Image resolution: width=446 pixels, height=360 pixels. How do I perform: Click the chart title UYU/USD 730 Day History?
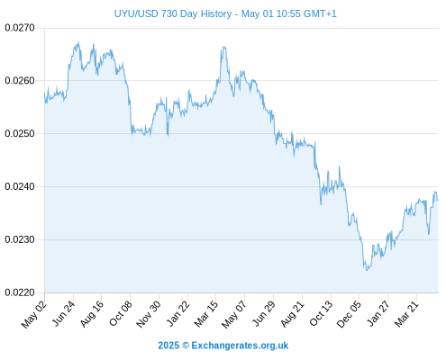coord(173,13)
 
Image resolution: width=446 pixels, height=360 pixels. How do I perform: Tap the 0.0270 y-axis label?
coord(20,28)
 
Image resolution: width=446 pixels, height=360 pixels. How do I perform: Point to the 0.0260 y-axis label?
coord(20,81)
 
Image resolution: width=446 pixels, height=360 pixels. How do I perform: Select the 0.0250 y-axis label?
coord(20,133)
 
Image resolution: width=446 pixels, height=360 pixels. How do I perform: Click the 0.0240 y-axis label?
coord(20,186)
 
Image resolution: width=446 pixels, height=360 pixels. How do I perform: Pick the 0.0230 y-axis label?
coord(20,239)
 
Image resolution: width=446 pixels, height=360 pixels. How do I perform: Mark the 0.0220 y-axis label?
coord(20,292)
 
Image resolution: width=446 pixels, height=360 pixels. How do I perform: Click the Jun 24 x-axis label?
coord(63,313)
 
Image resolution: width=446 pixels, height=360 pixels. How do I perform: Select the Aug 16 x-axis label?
coord(92,313)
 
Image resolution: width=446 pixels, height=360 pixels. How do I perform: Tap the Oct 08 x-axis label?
coord(121,313)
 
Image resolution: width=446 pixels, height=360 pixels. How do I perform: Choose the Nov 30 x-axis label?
coord(149,314)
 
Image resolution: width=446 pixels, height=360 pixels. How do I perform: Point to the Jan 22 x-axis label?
coord(177,313)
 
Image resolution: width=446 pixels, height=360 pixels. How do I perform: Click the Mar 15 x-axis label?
coord(206,313)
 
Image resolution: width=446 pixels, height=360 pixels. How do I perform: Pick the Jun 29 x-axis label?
coord(264,313)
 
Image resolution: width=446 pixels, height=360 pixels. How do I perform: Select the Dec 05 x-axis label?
coord(349,314)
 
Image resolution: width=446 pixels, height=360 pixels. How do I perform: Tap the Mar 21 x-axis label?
coord(406,313)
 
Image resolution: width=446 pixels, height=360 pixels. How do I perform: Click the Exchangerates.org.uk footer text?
coord(240,346)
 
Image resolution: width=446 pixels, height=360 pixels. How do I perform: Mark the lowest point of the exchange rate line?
coord(367,270)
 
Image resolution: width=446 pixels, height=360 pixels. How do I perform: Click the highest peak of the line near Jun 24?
coord(78,41)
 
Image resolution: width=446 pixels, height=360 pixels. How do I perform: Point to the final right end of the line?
coord(438,200)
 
